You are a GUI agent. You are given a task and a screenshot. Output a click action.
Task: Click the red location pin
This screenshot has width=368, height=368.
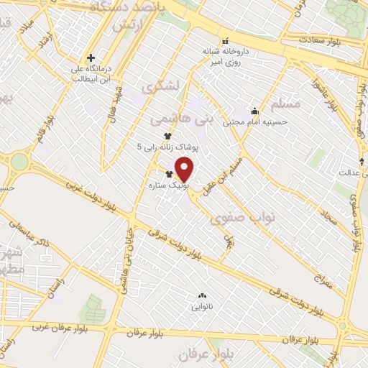tap(185, 169)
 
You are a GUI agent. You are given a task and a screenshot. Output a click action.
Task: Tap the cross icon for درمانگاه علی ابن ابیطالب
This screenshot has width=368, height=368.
tap(91, 58)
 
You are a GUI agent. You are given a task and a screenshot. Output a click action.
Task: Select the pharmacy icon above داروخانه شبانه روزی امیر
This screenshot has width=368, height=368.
tap(225, 40)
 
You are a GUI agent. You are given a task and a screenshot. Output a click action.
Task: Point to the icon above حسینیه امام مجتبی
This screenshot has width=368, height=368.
tap(254, 111)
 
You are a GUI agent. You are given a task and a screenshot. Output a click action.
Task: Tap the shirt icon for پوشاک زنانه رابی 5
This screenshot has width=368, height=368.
tap(167, 136)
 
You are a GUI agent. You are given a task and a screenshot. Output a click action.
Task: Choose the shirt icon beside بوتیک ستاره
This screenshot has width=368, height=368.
tap(170, 175)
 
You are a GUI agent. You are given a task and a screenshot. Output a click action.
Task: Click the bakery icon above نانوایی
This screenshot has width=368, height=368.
tap(201, 295)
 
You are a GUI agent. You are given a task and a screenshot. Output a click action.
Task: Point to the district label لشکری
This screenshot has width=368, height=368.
tap(158, 88)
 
